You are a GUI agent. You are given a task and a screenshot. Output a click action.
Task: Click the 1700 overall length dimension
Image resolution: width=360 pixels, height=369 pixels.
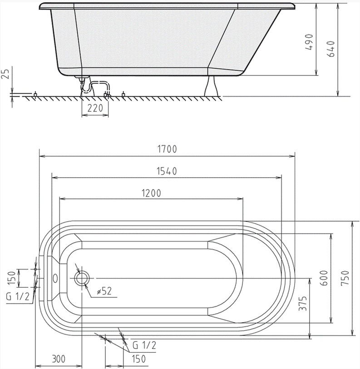pos(167,149)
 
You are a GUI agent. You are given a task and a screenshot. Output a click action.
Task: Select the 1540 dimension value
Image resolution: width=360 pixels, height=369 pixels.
pos(167,171)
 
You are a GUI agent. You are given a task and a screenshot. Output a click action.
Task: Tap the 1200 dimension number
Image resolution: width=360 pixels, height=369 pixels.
pos(152,193)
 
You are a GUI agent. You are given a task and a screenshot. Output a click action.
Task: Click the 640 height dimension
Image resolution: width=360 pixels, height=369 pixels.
pos(331,49)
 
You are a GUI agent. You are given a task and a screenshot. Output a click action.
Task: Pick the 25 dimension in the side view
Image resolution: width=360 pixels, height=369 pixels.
pos(6,74)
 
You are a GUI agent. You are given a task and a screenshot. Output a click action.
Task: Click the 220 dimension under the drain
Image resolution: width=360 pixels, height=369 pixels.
pos(95,108)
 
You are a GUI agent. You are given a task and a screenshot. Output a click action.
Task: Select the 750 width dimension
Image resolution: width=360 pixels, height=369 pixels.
pos(345,278)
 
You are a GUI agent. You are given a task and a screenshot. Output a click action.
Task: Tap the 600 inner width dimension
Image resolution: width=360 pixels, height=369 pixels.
pos(324,278)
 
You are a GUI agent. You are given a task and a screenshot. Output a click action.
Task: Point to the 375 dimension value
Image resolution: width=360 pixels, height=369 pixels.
pos(303,304)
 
